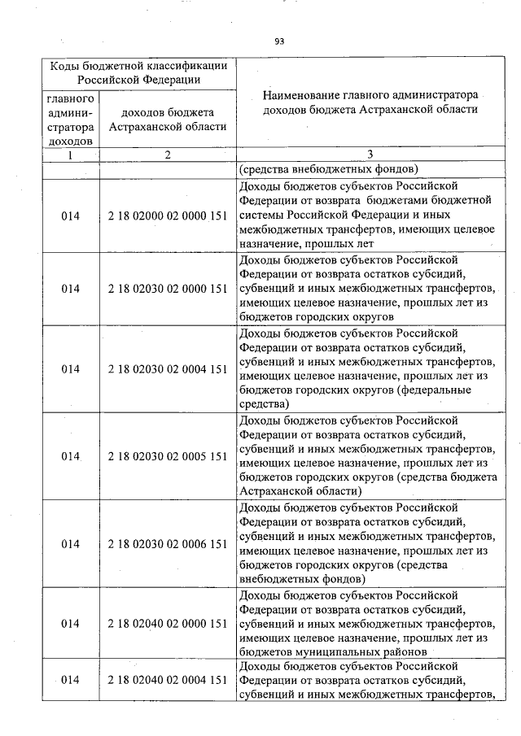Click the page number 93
pos(279,41)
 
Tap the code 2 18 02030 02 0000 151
pos(167,288)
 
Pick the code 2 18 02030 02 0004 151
pos(167,368)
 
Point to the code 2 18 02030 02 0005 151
pos(167,456)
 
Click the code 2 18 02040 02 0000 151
pos(167,624)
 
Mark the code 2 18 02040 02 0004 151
pos(167,680)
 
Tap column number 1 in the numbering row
pos(70,155)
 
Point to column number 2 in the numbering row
pos(167,155)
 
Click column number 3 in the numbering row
pos(370,155)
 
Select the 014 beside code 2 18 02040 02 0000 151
pos(70,624)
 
